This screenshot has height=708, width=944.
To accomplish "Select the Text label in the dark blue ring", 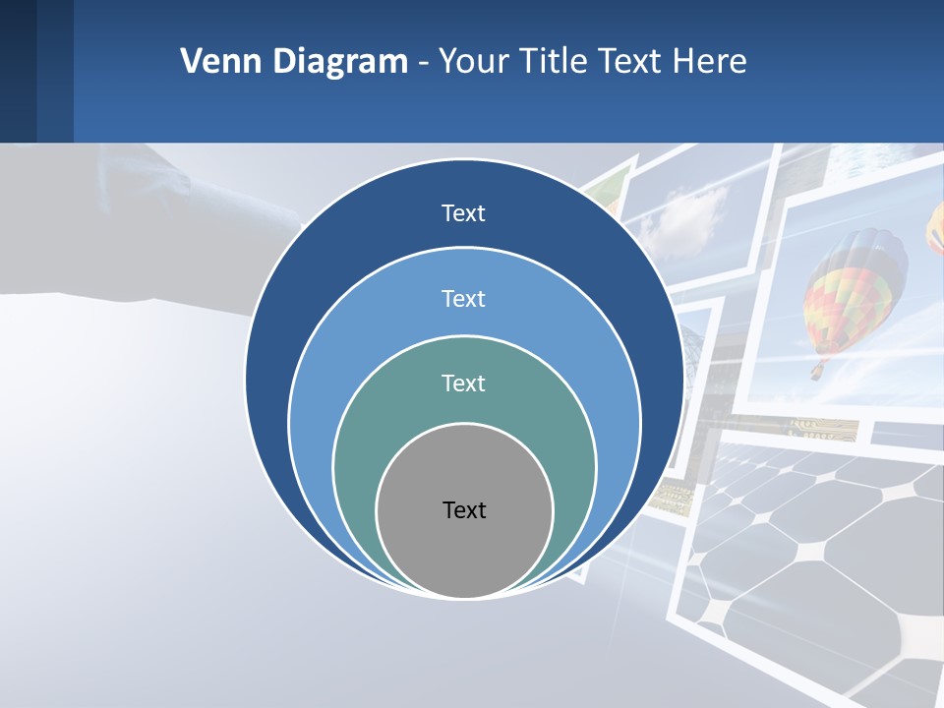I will (463, 213).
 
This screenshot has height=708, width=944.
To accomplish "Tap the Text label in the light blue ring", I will (463, 298).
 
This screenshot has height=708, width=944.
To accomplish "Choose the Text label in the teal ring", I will (463, 383).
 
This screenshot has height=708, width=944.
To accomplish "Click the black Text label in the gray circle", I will (464, 509).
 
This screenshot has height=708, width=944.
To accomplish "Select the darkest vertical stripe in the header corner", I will (18, 71).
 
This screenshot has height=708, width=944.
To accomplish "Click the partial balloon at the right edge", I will (935, 231).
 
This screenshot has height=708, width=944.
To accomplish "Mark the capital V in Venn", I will (192, 62).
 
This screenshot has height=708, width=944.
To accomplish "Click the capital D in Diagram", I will (283, 62).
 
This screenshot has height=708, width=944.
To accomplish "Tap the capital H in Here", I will (683, 62).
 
